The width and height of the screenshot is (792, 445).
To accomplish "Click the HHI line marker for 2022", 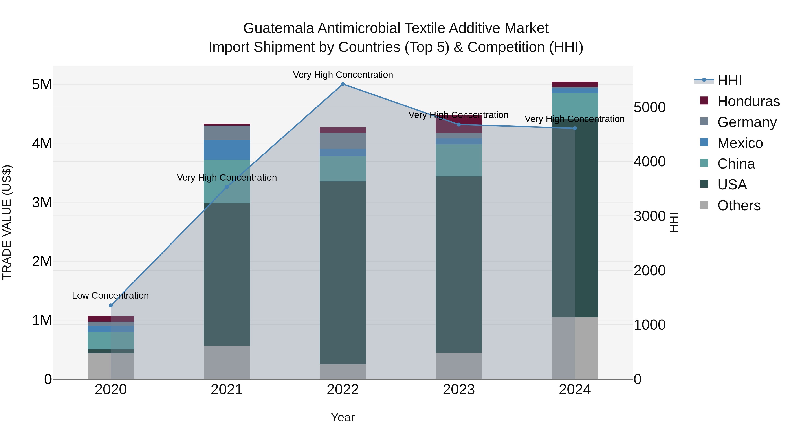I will coord(343,84).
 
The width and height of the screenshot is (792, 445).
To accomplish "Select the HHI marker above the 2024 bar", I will coord(575,128).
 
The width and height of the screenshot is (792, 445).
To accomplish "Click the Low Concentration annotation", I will coord(110,296).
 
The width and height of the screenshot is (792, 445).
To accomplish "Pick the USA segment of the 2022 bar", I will coord(343,273).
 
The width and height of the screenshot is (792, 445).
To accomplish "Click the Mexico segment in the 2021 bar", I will coord(227,150).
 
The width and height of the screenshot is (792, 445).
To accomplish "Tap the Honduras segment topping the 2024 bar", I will coord(575,84).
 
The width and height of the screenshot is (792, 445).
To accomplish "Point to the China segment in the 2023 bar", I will coord(459,160).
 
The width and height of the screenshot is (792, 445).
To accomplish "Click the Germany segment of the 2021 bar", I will coord(227,133).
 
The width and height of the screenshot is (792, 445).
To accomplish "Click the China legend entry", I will coord(736,164).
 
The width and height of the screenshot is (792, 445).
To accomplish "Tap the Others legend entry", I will coord(739,205).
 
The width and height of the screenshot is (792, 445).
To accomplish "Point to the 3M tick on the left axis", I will coord(42,202).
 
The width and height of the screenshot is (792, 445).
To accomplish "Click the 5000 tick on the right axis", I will coord(650,107).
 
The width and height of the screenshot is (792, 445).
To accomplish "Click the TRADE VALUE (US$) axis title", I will coord(7,223).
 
